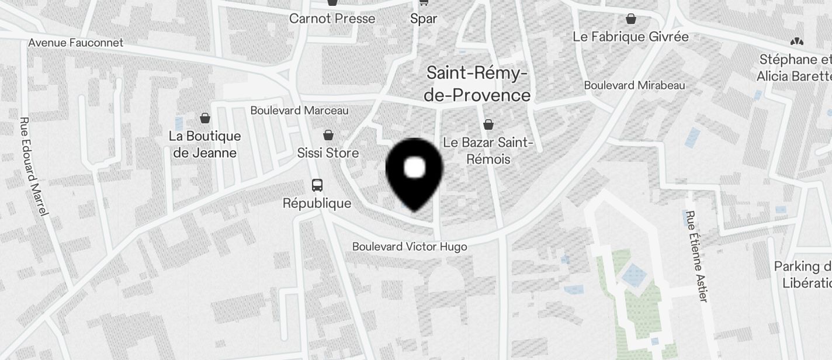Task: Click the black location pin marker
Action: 414,172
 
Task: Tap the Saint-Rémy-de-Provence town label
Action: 477,84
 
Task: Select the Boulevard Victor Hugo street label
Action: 410,247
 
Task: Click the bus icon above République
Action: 317,185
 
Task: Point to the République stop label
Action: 317,203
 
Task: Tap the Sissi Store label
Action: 328,153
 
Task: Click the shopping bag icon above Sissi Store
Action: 328,135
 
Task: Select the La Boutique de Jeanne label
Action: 204,144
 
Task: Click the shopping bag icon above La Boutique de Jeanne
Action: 205,118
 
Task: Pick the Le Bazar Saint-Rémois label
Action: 488,151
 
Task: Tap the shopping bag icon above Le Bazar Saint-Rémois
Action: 488,124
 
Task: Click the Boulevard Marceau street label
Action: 299,110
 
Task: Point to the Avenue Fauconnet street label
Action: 76,43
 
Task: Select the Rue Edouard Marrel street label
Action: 33,167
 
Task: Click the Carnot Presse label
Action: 332,19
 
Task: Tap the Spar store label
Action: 424,19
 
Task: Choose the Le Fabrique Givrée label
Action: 630,37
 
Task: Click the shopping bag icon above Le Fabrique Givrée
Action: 630,19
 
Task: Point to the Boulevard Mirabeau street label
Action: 635,85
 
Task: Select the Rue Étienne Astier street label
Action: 696,256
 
